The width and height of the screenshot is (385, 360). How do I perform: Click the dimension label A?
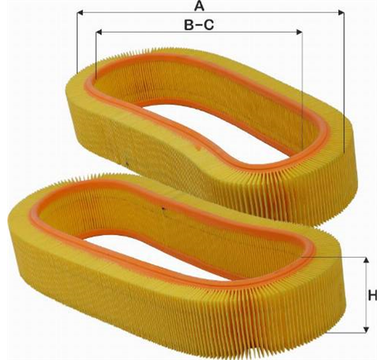(x=199, y=6)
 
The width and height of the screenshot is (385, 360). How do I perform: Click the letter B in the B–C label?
(x=188, y=25)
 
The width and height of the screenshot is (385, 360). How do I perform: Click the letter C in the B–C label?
(x=209, y=25)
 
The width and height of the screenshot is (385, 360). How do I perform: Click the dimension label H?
(x=373, y=295)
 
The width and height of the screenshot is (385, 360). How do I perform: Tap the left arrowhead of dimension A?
(x=80, y=12)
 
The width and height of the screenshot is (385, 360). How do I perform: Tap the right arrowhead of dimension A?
(x=341, y=12)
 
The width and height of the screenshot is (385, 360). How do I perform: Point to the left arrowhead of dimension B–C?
(x=99, y=32)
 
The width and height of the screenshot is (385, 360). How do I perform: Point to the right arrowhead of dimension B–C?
(x=299, y=32)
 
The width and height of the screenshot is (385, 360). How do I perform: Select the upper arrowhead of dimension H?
(x=366, y=260)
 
